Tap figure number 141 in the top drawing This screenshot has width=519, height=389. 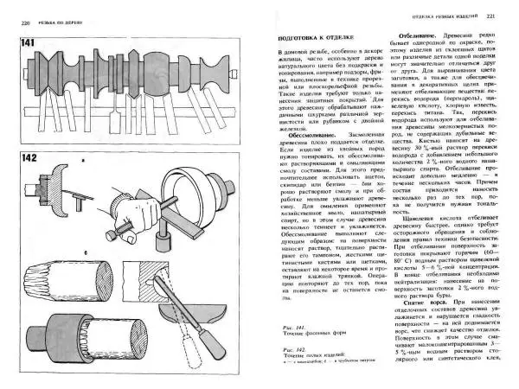(x=28, y=43)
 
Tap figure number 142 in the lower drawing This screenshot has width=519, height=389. (x=29, y=159)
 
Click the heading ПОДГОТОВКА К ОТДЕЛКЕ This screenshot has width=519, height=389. (x=311, y=37)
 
